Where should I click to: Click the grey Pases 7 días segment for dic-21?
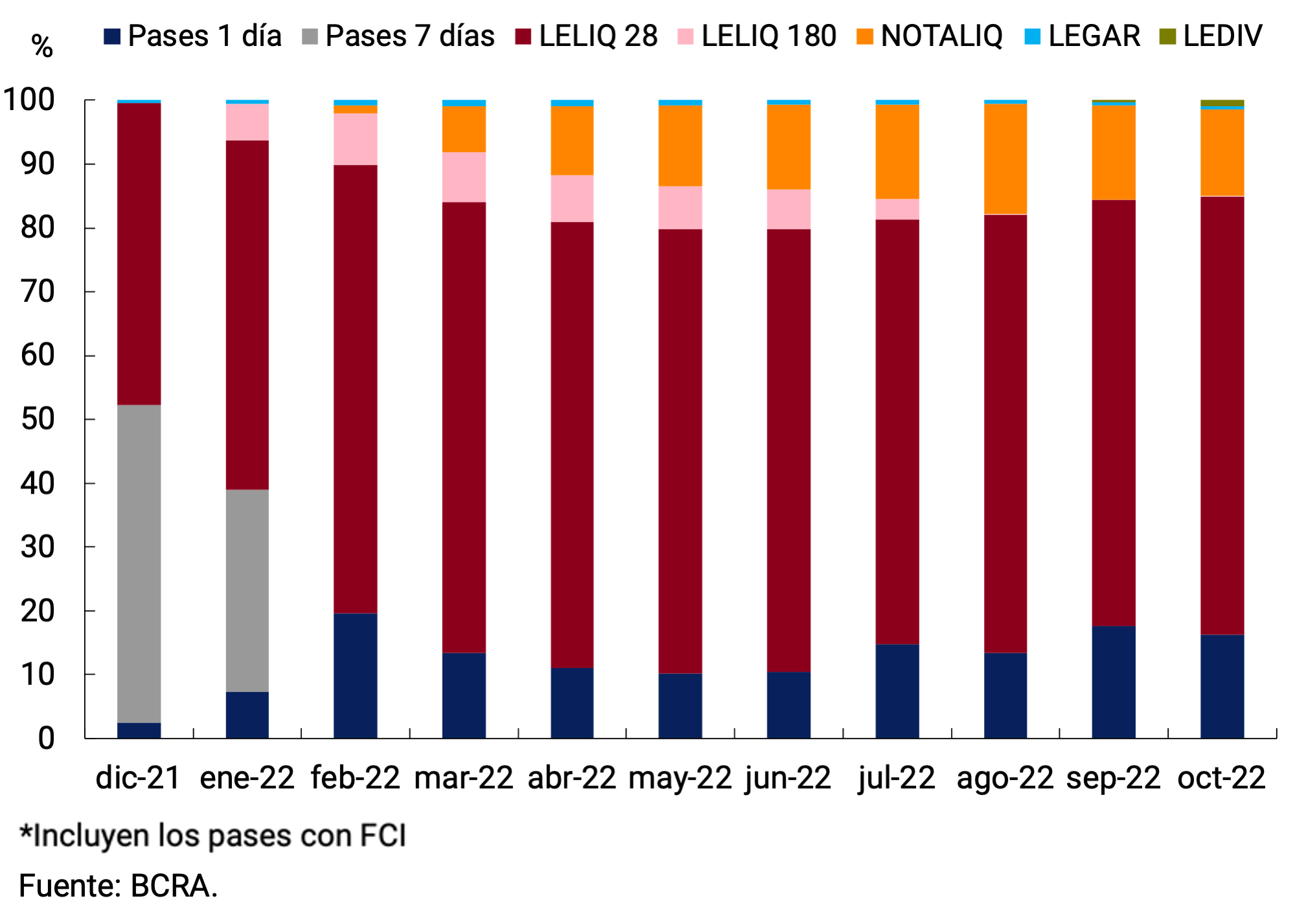pyautogui.click(x=139, y=564)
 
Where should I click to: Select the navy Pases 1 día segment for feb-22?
pyautogui.click(x=355, y=676)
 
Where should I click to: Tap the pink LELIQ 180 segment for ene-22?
pyautogui.click(x=247, y=122)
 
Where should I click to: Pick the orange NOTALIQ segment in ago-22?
pyautogui.click(x=1005, y=159)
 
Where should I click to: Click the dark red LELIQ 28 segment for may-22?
pyautogui.click(x=680, y=451)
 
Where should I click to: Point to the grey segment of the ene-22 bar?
pyautogui.click(x=247, y=590)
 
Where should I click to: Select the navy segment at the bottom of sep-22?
pyautogui.click(x=1113, y=681)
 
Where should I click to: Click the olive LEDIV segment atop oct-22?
pyautogui.click(x=1222, y=103)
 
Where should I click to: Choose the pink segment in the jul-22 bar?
pyautogui.click(x=897, y=209)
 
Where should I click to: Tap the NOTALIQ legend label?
pyautogui.click(x=941, y=36)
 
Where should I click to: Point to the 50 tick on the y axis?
pyautogui.click(x=38, y=419)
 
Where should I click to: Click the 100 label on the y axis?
pyautogui.click(x=29, y=100)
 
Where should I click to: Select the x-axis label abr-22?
pyautogui.click(x=571, y=777)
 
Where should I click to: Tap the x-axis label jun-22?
pyautogui.click(x=788, y=777)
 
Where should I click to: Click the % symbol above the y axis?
pyautogui.click(x=42, y=46)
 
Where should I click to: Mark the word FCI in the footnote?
pyautogui.click(x=383, y=836)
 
